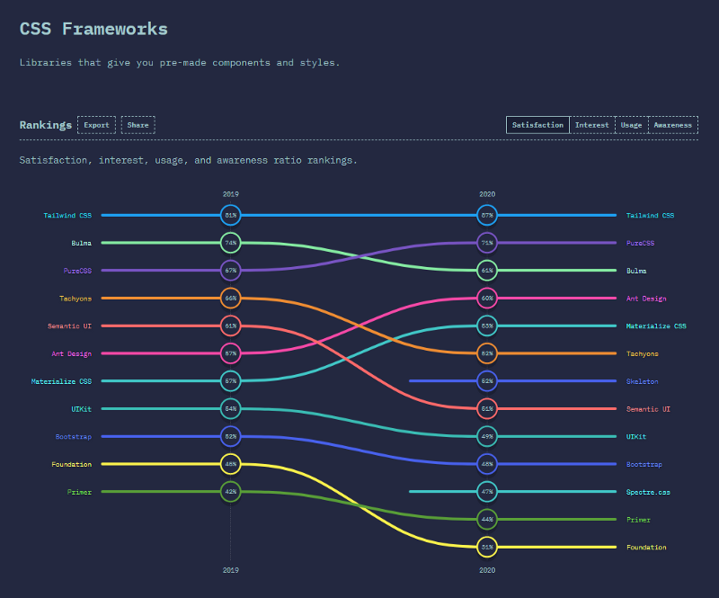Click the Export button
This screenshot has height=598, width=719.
coord(96,125)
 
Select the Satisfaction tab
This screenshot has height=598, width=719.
coord(537,125)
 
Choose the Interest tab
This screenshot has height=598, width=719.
coord(591,125)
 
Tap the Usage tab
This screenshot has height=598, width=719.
coord(631,125)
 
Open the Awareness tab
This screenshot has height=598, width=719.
coord(672,125)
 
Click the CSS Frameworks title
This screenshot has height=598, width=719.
coord(93,29)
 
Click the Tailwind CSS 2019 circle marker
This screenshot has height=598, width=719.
coord(231,216)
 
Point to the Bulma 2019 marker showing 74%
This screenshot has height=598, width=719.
coord(231,243)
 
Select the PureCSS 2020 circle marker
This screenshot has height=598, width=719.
coord(487,243)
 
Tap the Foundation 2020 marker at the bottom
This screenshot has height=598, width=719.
coord(487,547)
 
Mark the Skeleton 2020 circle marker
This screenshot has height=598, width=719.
coord(487,381)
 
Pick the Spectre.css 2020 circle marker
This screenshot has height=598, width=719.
coord(487,492)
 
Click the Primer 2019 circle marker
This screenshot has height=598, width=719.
coord(231,492)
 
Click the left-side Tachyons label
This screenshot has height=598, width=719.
coord(75,299)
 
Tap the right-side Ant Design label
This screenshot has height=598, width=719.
coord(646,299)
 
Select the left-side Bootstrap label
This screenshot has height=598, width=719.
coord(72,437)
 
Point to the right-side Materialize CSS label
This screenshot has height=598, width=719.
coord(656,326)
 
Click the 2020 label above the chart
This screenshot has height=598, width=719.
coord(487,194)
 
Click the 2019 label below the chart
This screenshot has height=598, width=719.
coord(231,570)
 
